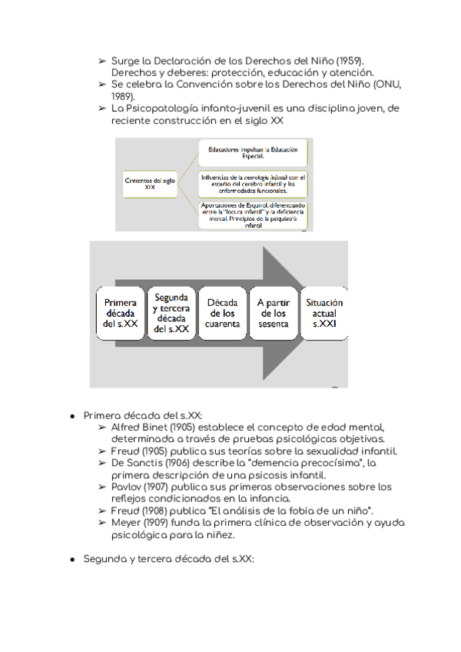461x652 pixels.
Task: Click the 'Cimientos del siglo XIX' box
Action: click(150, 183)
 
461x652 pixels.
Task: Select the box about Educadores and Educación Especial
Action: click(253, 152)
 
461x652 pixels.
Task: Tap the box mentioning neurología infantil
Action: click(253, 183)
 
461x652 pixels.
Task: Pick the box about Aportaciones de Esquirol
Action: click(253, 215)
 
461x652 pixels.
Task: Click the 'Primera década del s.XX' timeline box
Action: click(121, 314)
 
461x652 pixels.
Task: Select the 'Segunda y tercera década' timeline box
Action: click(171, 313)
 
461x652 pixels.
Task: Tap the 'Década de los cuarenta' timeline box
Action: click(223, 314)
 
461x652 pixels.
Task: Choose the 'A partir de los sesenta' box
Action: click(273, 314)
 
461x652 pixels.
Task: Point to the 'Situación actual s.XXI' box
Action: click(324, 314)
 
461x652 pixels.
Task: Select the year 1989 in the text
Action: click(122, 96)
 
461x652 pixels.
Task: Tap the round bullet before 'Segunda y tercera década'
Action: click(71, 559)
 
